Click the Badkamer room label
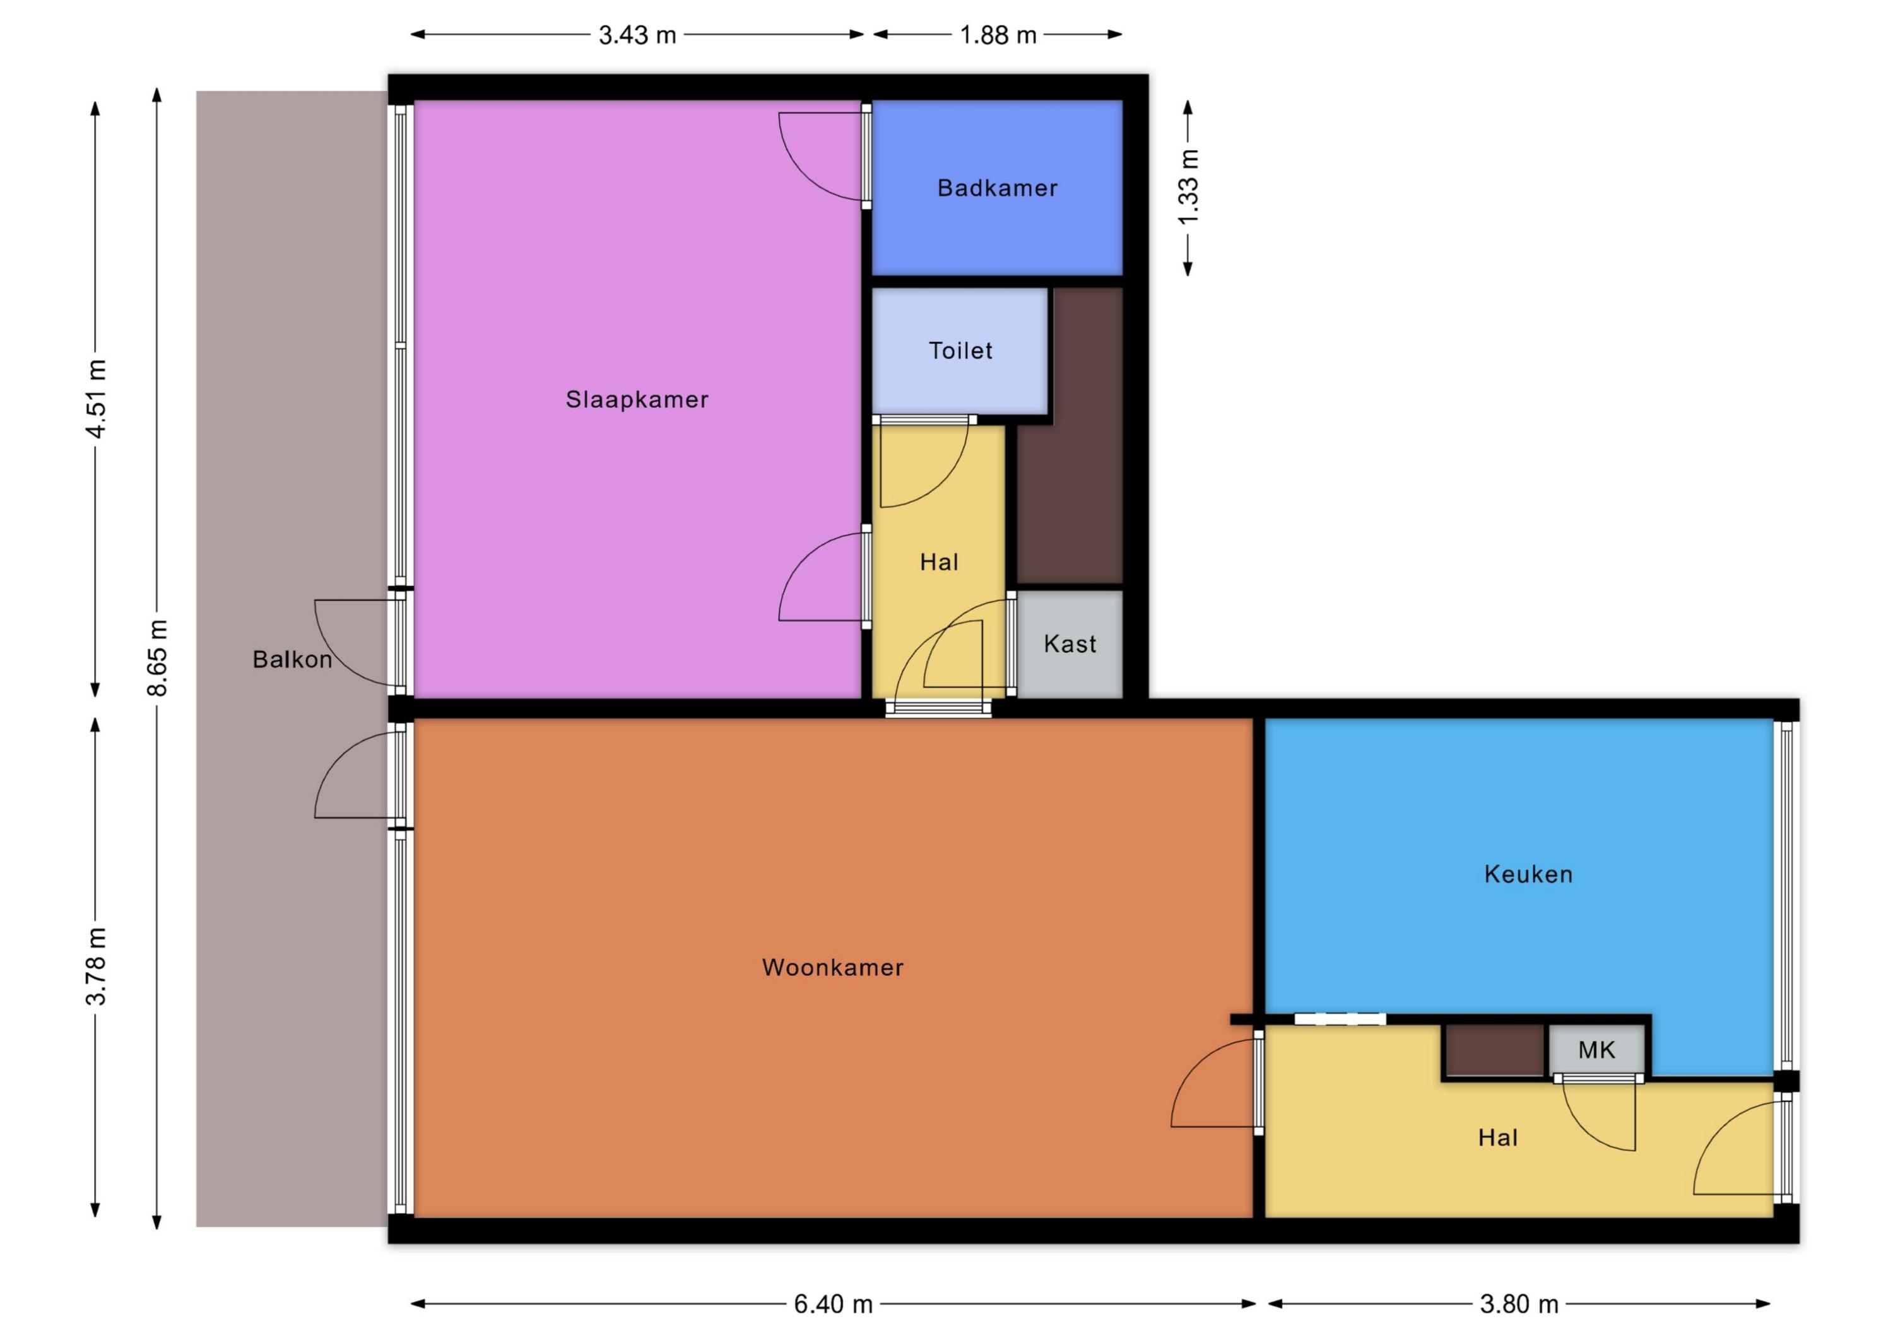(x=997, y=188)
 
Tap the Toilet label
(x=960, y=350)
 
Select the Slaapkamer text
(x=637, y=400)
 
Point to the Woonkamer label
(x=833, y=967)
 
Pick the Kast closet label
(x=1070, y=644)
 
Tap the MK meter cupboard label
(x=1596, y=1050)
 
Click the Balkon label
(x=292, y=659)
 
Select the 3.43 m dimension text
(x=637, y=35)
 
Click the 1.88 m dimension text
(x=998, y=35)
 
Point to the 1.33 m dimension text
(x=1188, y=187)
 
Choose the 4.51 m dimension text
(x=97, y=399)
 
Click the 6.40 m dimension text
(x=833, y=1304)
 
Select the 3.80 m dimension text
(x=1519, y=1304)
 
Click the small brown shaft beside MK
(x=1495, y=1050)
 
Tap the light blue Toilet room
(x=960, y=350)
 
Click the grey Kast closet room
(x=1070, y=644)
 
